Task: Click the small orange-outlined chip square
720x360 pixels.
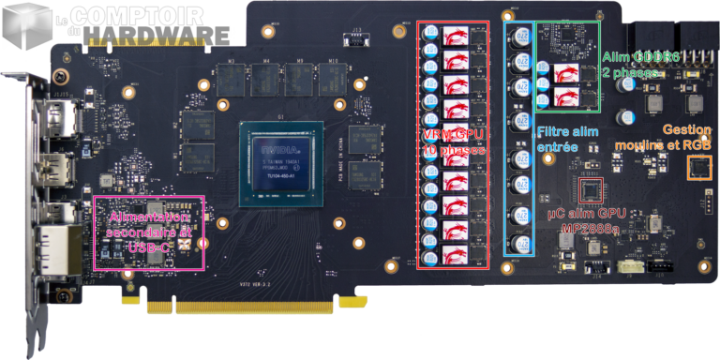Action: tap(698, 169)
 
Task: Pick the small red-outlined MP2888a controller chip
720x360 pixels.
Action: tap(590, 192)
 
